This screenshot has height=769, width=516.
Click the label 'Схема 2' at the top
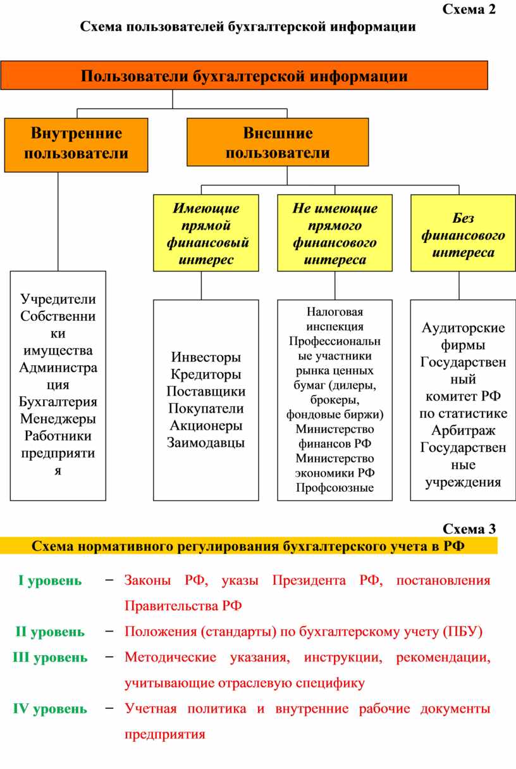(x=469, y=9)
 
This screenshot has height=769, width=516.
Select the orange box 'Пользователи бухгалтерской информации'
(x=244, y=75)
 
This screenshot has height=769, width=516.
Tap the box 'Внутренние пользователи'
(x=76, y=145)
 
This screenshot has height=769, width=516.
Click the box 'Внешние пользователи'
(x=278, y=142)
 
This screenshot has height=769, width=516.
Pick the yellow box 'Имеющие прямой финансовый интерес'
(x=206, y=233)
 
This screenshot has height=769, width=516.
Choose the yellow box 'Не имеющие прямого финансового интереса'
(x=335, y=233)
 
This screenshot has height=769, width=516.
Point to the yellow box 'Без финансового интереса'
(x=463, y=233)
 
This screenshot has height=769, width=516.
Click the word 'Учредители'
(x=58, y=299)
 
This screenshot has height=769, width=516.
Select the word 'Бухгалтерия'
(x=58, y=402)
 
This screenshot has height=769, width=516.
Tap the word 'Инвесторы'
(x=206, y=357)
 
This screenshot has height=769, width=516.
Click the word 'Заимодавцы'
(x=206, y=442)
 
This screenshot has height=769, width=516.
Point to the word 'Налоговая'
(x=335, y=312)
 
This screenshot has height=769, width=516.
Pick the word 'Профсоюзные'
(x=335, y=487)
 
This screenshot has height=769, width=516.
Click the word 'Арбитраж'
(x=463, y=430)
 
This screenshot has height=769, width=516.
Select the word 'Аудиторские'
(x=463, y=328)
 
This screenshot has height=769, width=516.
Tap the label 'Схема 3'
(x=469, y=529)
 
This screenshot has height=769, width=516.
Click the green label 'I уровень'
(x=50, y=581)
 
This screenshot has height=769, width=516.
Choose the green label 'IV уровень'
(x=50, y=709)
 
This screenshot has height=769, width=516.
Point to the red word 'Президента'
(x=309, y=580)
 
